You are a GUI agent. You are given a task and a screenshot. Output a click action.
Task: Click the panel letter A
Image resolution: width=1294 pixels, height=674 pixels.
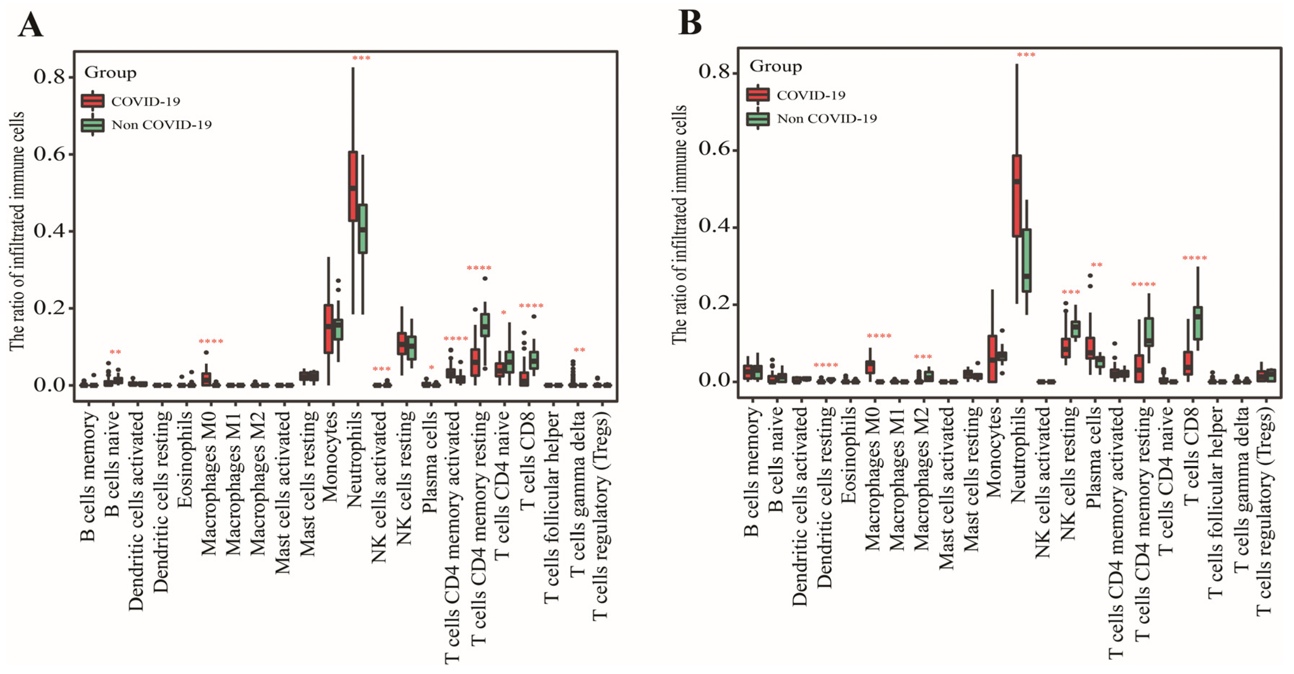coord(30,25)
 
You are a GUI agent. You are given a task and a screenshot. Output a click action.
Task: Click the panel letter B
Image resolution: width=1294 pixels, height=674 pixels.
coord(690,23)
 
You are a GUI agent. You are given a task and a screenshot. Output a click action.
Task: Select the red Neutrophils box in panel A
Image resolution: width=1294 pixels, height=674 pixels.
coord(353,186)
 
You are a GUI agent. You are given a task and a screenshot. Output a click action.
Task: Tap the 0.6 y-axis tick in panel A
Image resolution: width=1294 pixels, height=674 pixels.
coord(49,154)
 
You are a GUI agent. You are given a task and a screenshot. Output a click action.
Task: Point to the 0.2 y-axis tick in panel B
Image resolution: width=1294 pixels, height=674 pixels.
coord(714,304)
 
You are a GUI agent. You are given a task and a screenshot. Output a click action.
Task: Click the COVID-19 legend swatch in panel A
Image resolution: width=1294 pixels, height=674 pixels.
coord(93,101)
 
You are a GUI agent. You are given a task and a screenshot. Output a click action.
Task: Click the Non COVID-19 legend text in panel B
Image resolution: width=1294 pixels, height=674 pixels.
coord(826,119)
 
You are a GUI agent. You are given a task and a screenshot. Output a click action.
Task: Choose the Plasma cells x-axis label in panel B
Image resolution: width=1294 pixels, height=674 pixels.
coord(1093,457)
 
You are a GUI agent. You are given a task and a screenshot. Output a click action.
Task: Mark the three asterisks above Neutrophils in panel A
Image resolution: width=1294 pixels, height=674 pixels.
coord(361,59)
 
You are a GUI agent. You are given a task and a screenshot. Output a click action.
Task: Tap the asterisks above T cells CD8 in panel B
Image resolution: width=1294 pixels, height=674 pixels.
coord(1195,258)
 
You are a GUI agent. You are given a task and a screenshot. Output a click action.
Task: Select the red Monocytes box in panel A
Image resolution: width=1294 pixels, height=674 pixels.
coord(328,329)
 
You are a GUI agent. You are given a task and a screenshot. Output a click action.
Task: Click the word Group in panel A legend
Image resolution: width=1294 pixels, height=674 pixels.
coord(110,73)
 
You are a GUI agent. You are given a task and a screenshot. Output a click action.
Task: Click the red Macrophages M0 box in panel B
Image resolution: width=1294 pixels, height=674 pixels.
coord(870,367)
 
